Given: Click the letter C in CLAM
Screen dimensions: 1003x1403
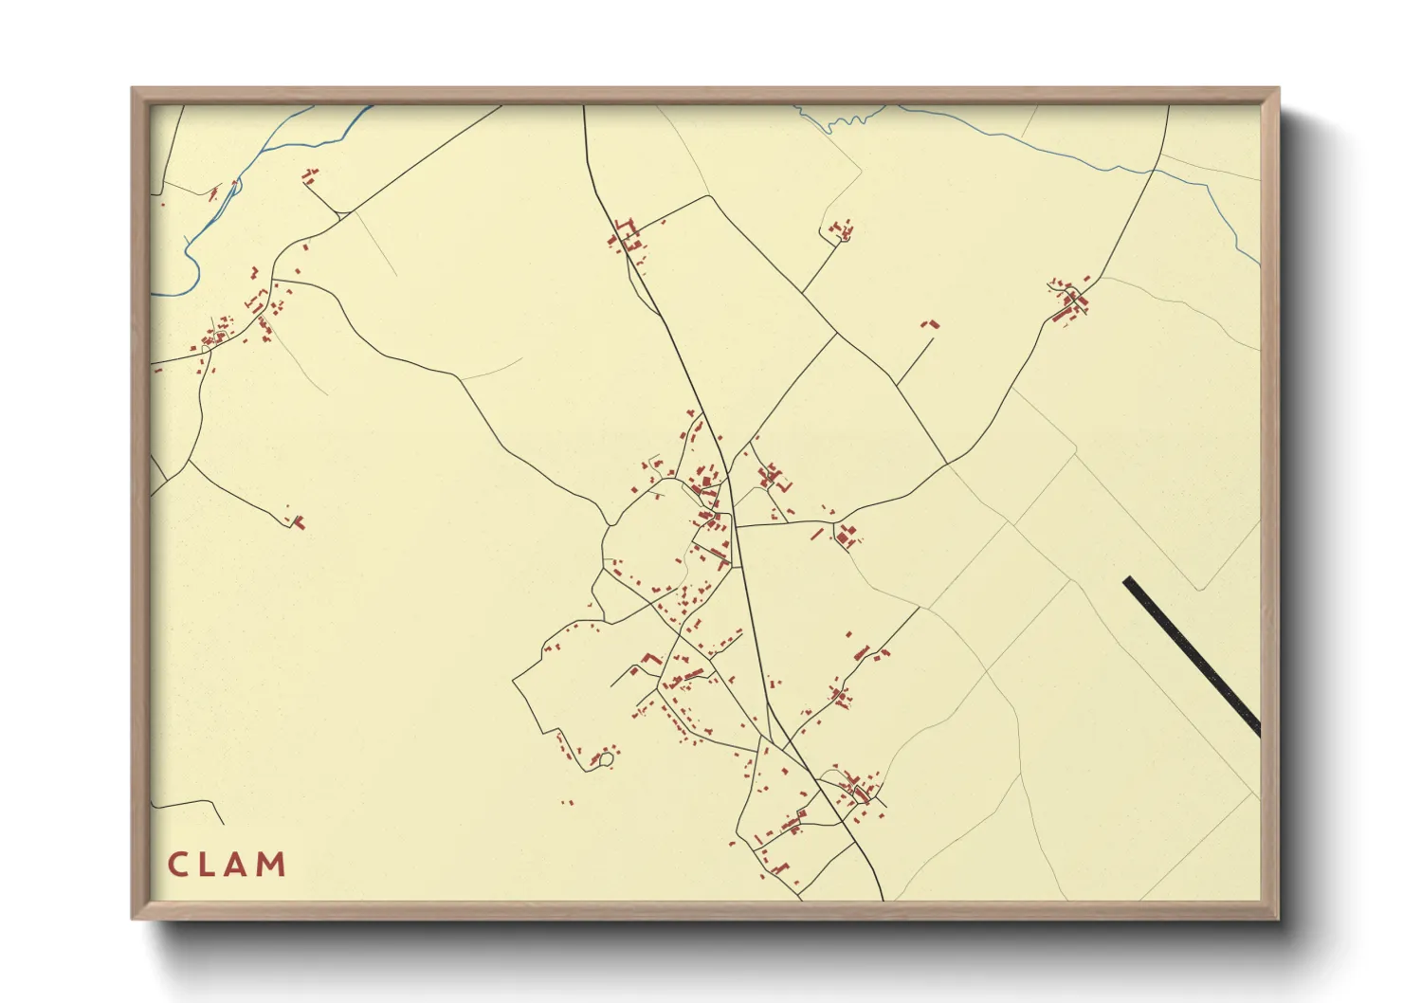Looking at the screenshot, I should click(176, 865).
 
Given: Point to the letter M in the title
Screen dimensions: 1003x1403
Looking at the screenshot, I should click(273, 865).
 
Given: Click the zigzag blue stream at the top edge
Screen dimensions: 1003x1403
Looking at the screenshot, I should click(847, 120).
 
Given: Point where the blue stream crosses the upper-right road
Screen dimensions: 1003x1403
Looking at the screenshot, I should click(1153, 172).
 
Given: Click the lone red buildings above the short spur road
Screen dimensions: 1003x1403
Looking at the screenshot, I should click(930, 325).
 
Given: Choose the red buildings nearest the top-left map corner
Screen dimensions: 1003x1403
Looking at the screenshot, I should click(309, 175).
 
